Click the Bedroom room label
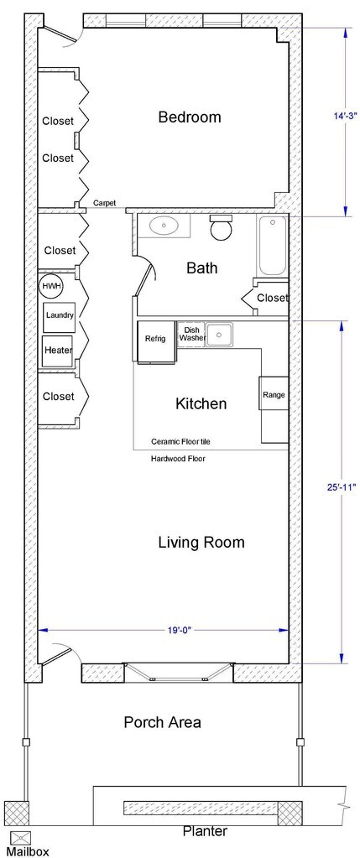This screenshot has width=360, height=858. pos(190,117)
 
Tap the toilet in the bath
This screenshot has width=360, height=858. pos(222,227)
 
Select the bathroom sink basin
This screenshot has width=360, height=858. pos(163,226)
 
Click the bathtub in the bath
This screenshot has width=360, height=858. pos(272,246)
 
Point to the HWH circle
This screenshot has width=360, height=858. pos(51,286)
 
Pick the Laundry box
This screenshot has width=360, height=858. pos(59,315)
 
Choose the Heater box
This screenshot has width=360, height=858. pos(58,351)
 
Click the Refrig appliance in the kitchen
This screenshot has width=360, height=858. pos(155,342)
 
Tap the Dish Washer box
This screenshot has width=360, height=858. pos(191,335)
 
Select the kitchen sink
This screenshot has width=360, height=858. pos(220,334)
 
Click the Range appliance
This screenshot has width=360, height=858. pos(274,393)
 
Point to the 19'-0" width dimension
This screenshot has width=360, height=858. pos(163,631)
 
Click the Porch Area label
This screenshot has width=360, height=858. pos(163,722)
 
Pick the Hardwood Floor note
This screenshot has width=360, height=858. pos(179,459)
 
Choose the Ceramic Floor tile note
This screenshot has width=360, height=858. pos(180,441)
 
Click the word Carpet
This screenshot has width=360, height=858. pos(104,203)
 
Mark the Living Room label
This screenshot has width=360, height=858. pos(201,543)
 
